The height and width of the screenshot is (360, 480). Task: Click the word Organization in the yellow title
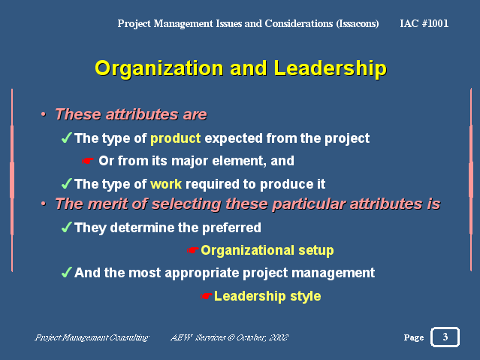click(x=159, y=68)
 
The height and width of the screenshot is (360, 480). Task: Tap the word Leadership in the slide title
click(x=331, y=68)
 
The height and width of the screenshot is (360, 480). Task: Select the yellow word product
click(x=176, y=139)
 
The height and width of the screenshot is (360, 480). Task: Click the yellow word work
click(x=166, y=184)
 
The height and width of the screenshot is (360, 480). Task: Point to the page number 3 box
click(x=445, y=337)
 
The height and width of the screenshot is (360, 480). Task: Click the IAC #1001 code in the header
click(x=424, y=23)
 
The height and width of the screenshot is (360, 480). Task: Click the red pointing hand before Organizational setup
click(x=193, y=250)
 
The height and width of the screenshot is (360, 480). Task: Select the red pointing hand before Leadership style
click(x=206, y=296)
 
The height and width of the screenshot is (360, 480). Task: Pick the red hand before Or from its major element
click(x=88, y=161)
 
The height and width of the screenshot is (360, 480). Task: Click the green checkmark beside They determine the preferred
click(x=66, y=227)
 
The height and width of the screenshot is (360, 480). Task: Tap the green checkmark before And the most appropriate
click(x=66, y=272)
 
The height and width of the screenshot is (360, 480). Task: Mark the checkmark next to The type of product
click(x=66, y=138)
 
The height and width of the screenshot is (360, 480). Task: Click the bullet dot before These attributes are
click(x=44, y=114)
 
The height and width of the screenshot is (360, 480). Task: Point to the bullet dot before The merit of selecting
click(x=44, y=204)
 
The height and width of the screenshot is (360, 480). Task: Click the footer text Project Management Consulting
click(x=92, y=337)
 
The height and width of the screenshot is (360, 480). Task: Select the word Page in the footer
click(x=414, y=337)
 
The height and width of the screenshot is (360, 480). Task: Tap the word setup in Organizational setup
click(x=316, y=251)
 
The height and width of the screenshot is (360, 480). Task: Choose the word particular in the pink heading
click(x=309, y=204)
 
